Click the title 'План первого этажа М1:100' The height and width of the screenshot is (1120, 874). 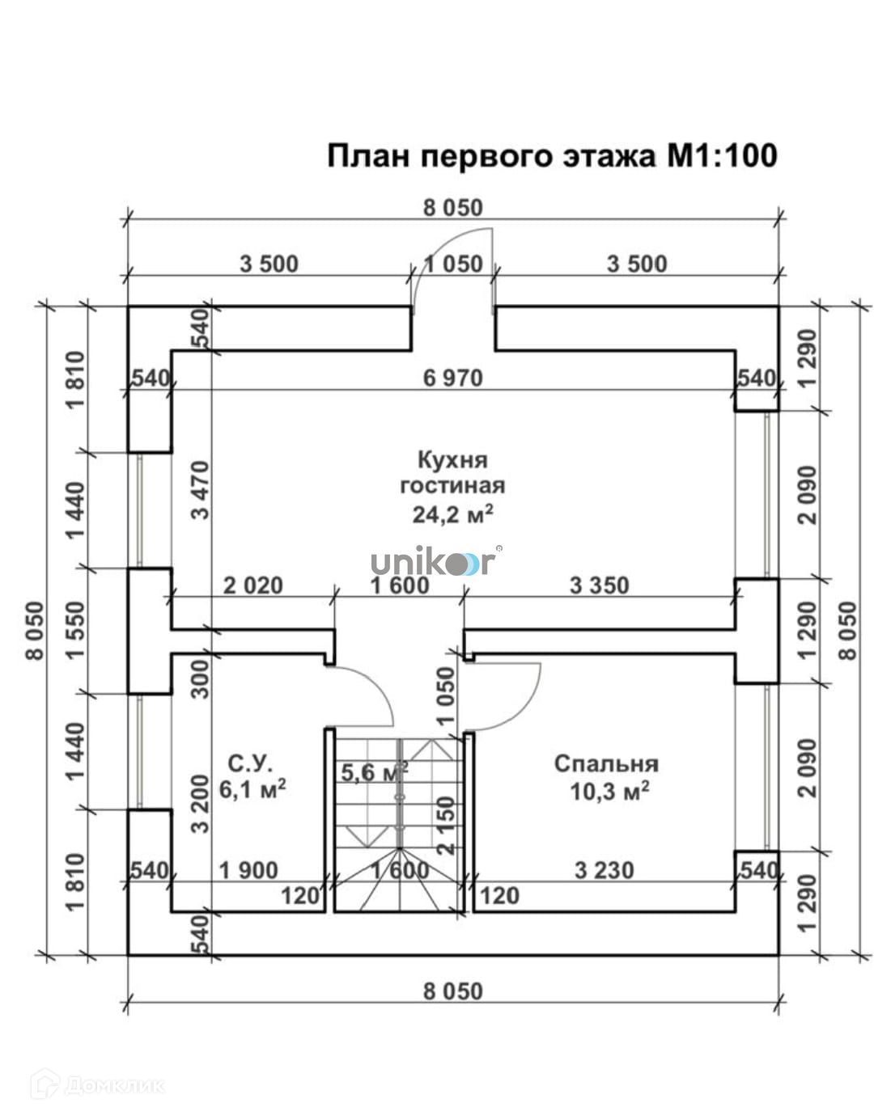pyautogui.click(x=552, y=155)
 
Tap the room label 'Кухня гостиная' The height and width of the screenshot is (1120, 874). pyautogui.click(x=452, y=472)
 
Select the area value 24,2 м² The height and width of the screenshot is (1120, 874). pyautogui.click(x=452, y=514)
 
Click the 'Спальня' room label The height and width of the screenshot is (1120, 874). pyautogui.click(x=606, y=763)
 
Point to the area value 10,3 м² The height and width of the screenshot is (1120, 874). pyautogui.click(x=609, y=792)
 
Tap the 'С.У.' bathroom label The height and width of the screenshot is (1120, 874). pyautogui.click(x=250, y=762)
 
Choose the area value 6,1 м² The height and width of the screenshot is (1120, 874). pyautogui.click(x=252, y=788)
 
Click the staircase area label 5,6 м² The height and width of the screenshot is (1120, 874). pyautogui.click(x=373, y=772)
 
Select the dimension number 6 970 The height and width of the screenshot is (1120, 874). pyautogui.click(x=452, y=378)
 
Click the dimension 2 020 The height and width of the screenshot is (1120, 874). pyautogui.click(x=252, y=585)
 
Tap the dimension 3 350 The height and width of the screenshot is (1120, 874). pyautogui.click(x=599, y=585)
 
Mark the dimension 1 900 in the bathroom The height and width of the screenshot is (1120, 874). pyautogui.click(x=248, y=871)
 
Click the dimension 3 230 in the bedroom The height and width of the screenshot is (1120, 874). pyautogui.click(x=604, y=871)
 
